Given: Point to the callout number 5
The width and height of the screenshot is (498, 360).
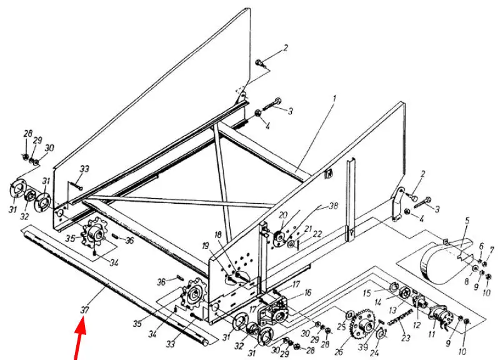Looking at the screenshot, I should pyautogui.click(x=466, y=220).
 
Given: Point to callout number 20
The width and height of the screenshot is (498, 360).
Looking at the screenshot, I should pyautogui.click(x=282, y=214).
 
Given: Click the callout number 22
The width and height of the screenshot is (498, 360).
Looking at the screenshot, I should pyautogui.click(x=317, y=233).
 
